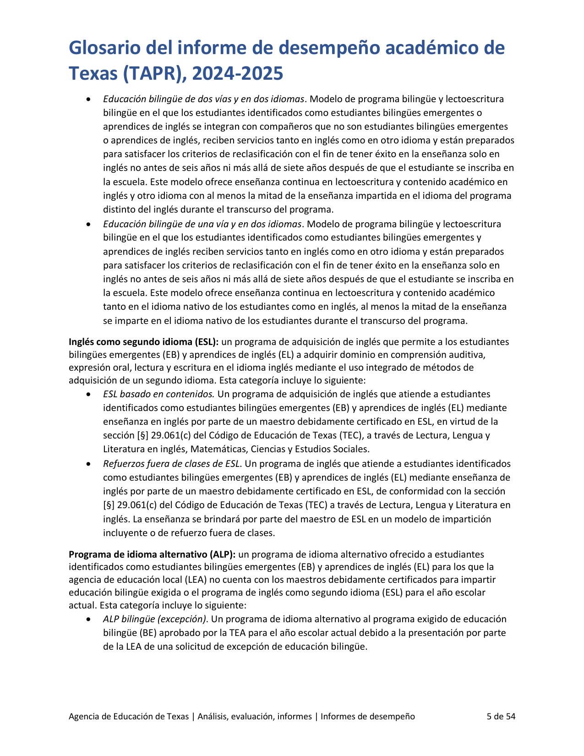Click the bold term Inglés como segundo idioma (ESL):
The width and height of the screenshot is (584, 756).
coord(144,342)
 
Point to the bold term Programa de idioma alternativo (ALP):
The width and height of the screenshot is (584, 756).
coord(152,554)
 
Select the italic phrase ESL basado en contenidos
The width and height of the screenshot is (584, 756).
coord(158,394)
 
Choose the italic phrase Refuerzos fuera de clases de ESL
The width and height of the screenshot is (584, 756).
coord(171,464)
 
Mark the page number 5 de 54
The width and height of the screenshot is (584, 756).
coord(501,717)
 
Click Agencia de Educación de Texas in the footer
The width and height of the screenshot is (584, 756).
coord(128,717)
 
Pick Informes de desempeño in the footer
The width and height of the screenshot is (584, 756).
coord(367,717)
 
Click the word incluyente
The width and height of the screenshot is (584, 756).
coord(124,533)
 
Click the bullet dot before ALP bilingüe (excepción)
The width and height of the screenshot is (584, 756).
coord(88,619)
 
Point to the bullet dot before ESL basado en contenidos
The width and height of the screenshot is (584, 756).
coord(88,394)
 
